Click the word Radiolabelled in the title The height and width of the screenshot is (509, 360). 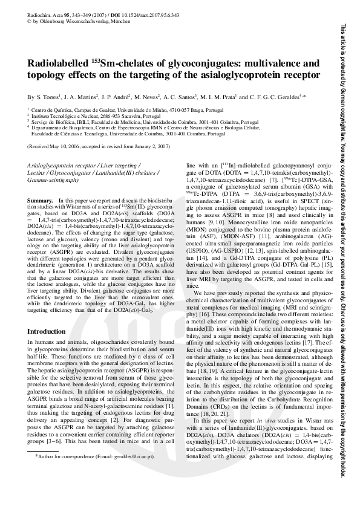57,63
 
